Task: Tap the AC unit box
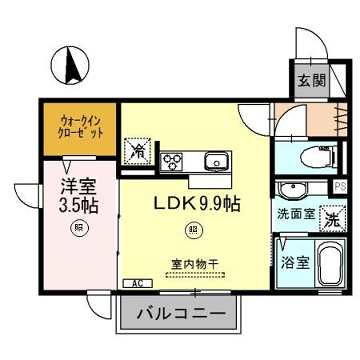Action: [130, 283]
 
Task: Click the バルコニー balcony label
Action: [180, 311]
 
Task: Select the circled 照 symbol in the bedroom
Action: [76, 228]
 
